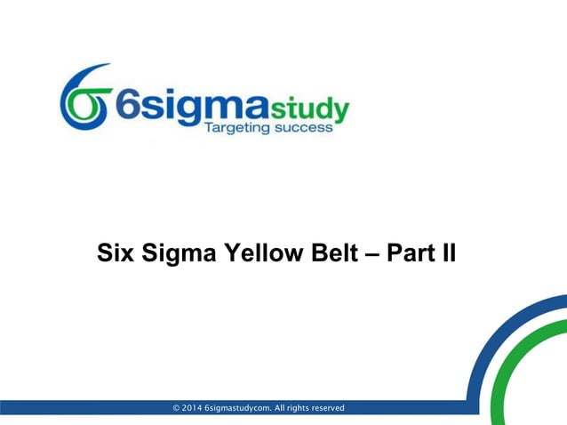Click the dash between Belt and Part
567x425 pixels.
tap(371, 255)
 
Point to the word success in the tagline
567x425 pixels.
tap(305, 129)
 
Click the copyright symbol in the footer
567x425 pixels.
tap(177, 408)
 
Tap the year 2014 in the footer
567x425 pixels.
tap(192, 408)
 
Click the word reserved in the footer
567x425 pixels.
tap(324, 408)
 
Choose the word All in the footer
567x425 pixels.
tap(279, 408)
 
